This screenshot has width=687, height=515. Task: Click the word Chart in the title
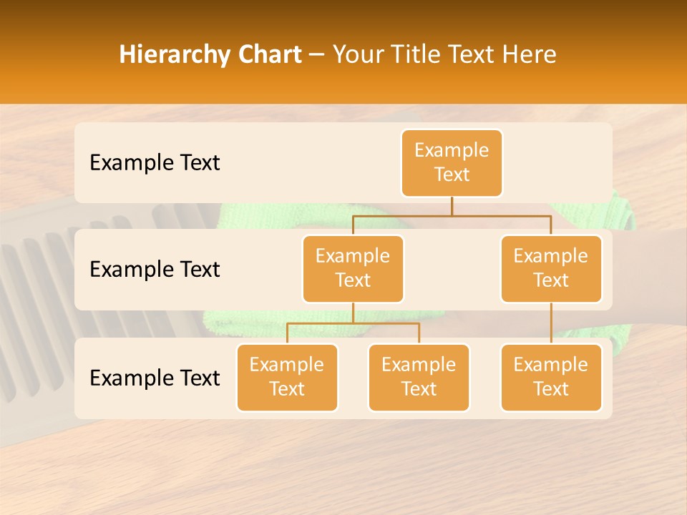click(270, 55)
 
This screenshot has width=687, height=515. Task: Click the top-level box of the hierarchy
click(452, 163)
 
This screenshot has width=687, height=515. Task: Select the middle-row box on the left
click(353, 269)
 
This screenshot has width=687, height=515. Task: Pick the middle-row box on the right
click(551, 269)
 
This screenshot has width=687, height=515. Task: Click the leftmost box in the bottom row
click(287, 378)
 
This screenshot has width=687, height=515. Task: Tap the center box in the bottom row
click(419, 378)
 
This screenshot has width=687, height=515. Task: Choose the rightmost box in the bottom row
click(551, 378)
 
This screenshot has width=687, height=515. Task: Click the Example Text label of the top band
click(155, 163)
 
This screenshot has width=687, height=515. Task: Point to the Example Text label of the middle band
click(155, 270)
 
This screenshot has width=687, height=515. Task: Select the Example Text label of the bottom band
click(155, 378)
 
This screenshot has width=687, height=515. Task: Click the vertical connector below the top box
click(452, 206)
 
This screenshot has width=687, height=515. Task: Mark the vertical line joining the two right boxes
click(551, 323)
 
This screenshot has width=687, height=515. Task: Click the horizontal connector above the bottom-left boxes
click(353, 323)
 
